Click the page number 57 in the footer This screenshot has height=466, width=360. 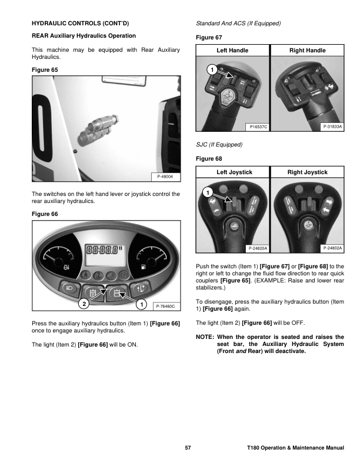(188, 448)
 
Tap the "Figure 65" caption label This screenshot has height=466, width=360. (44, 69)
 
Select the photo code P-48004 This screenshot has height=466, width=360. (166, 177)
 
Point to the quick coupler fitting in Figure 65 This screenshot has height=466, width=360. (96, 125)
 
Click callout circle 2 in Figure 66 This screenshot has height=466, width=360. (84, 304)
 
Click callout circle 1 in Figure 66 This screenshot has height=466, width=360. (141, 304)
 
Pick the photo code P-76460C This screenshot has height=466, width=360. (165, 307)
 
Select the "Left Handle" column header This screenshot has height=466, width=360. (232, 51)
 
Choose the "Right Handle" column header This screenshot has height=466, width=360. (308, 51)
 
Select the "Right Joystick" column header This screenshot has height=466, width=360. (308, 172)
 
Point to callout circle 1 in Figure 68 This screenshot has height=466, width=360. (207, 192)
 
